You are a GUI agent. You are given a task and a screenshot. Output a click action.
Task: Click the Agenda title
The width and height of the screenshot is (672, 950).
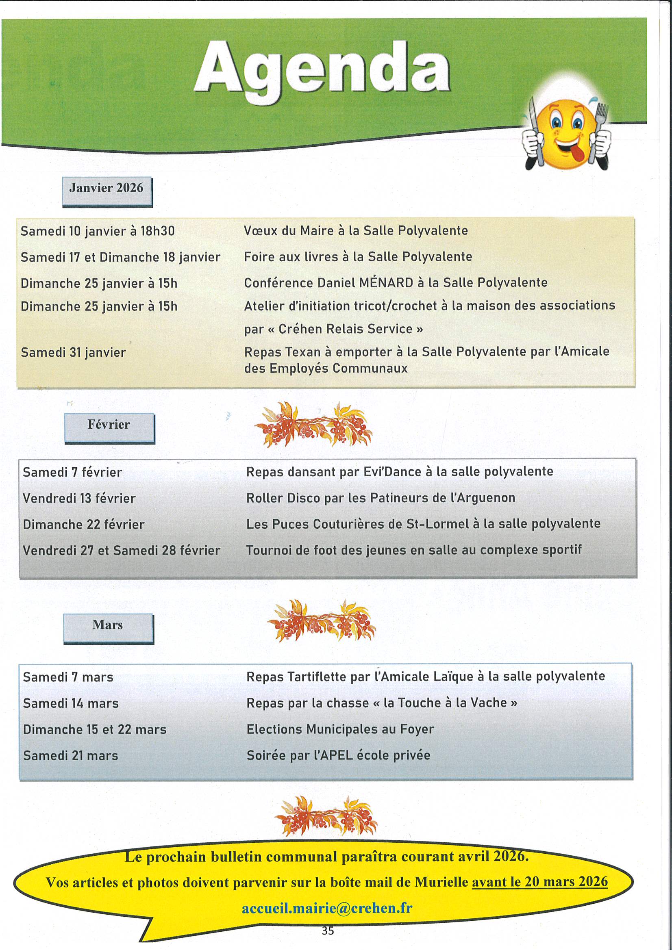[322, 68]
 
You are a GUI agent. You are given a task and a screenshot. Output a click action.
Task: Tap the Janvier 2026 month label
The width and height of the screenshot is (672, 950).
[107, 189]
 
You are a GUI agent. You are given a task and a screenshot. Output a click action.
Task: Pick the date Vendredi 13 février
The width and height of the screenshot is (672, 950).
[79, 498]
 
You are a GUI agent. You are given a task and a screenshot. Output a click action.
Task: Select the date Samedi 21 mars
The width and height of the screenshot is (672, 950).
[70, 755]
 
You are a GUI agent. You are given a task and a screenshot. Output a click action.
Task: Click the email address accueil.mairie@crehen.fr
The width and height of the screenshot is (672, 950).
[327, 908]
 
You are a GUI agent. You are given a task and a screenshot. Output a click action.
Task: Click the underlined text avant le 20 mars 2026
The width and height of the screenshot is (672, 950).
[539, 882]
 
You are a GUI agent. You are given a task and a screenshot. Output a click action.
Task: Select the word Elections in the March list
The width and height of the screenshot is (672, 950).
[274, 729]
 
